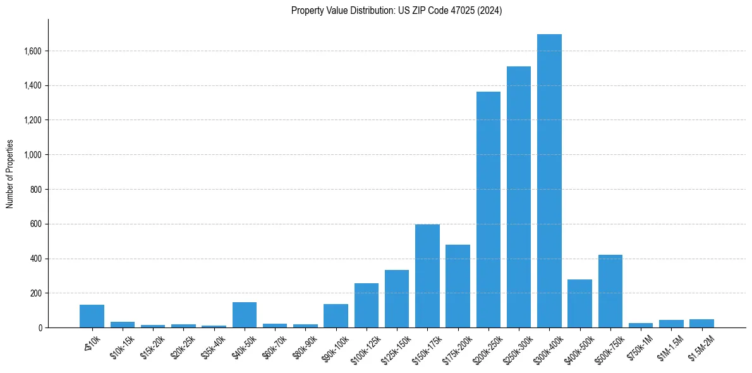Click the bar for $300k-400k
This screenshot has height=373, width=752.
(x=549, y=181)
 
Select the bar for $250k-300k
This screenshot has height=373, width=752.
(x=519, y=197)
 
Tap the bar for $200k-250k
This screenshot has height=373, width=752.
(x=488, y=210)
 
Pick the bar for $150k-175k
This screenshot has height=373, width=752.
(x=427, y=276)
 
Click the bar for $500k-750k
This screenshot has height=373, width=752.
(x=610, y=291)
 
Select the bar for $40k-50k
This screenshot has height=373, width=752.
(x=245, y=315)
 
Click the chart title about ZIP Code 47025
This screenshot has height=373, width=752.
(x=397, y=11)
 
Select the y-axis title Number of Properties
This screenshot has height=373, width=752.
(x=10, y=174)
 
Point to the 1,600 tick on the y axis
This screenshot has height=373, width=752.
(x=32, y=51)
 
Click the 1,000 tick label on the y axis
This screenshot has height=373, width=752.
(x=32, y=155)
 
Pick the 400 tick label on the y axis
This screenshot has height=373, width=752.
(x=36, y=259)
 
